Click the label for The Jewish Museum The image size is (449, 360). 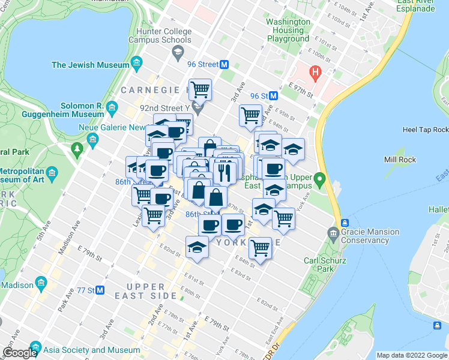click(x=89, y=65)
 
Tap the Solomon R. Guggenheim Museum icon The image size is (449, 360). click(x=112, y=109)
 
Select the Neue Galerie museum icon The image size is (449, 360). click(x=92, y=140)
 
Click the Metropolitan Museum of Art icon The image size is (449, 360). click(x=52, y=174)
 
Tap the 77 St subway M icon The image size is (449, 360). click(x=100, y=290)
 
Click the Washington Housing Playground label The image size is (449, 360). click(x=288, y=30)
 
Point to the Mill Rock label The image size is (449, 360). click(x=397, y=160)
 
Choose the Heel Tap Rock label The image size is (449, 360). click(x=425, y=130)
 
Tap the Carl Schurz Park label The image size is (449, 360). click(x=327, y=265)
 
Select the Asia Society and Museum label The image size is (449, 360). click(x=91, y=350)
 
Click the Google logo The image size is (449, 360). click(x=20, y=353)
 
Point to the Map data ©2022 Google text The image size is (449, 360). click(x=412, y=355)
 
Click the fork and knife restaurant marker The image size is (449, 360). click(x=224, y=172)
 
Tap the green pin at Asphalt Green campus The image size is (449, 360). click(x=320, y=178)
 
